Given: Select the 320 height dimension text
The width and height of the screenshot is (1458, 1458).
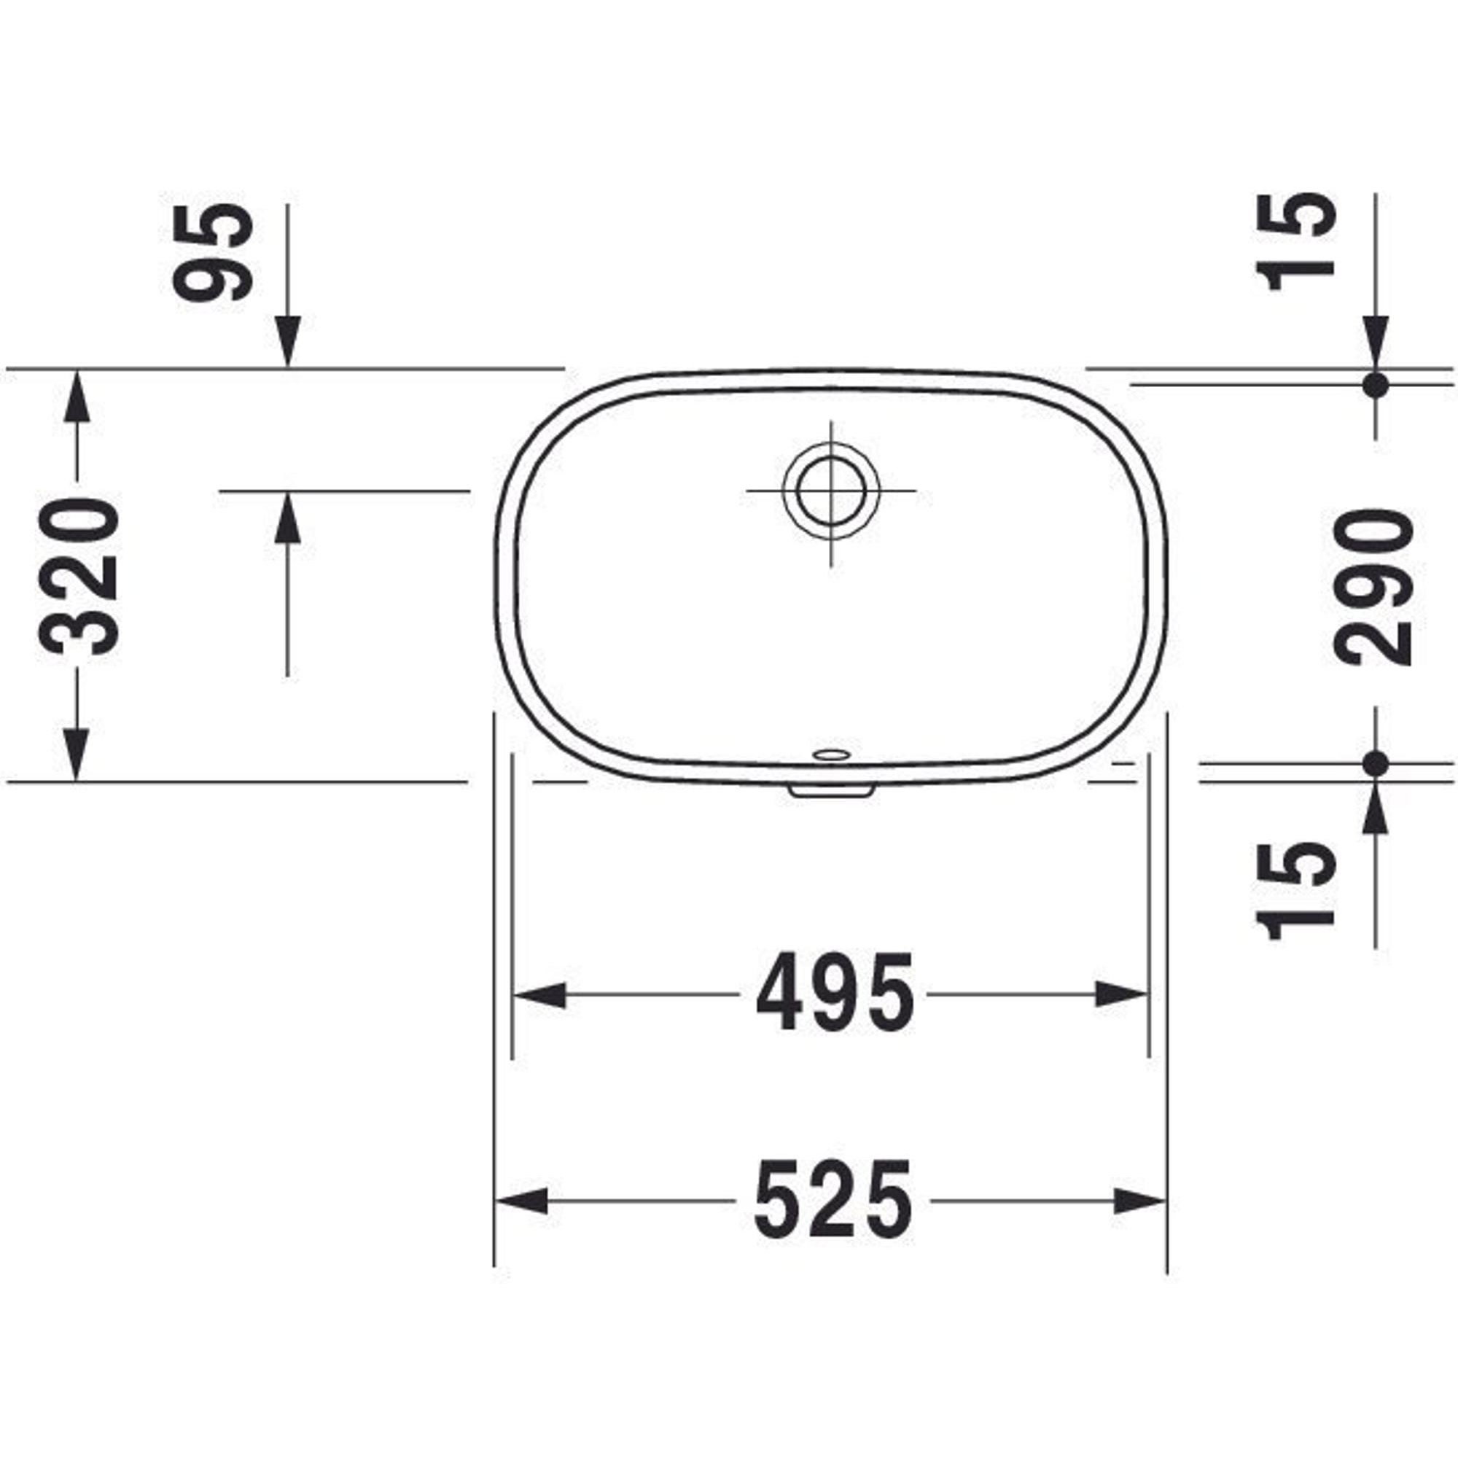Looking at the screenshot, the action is coord(79,577).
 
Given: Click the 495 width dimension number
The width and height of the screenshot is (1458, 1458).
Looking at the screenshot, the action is coord(835,993).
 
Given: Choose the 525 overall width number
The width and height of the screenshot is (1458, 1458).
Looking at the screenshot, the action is coord(833,1200).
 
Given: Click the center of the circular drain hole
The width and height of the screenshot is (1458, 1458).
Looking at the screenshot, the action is coord(831,491).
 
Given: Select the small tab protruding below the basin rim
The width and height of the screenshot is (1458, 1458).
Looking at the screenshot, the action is coord(831,790).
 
